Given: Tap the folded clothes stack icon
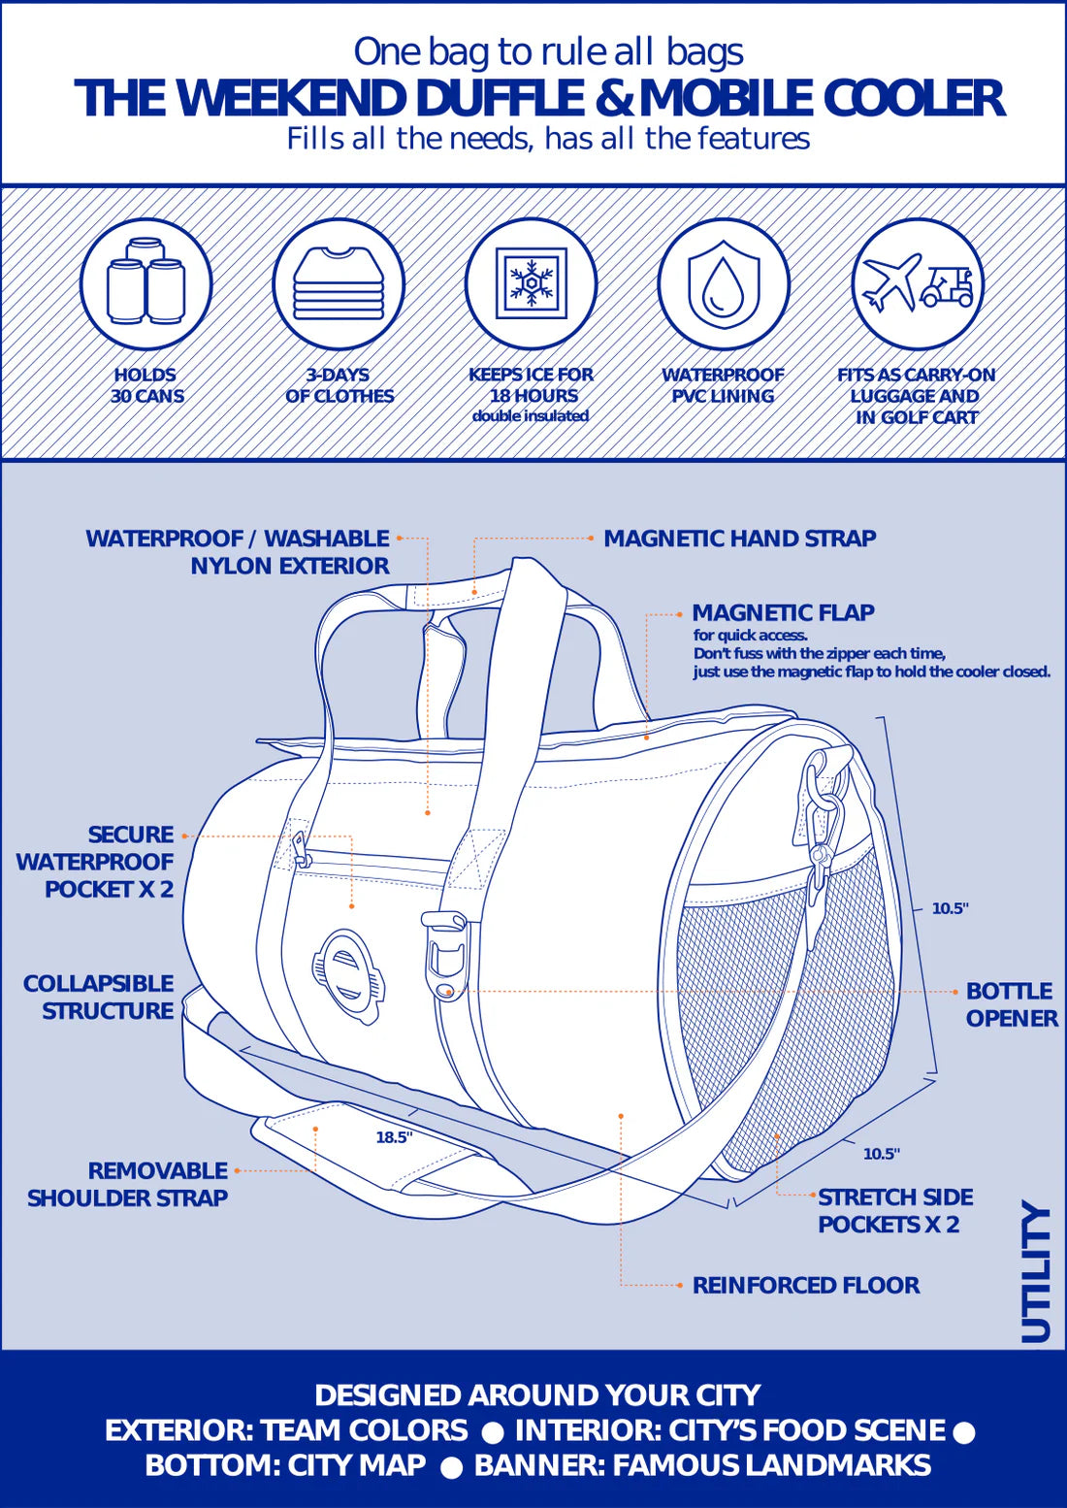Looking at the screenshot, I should click(x=338, y=283).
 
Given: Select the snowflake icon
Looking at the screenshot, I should click(x=531, y=283).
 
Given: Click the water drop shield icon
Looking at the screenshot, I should click(x=724, y=283).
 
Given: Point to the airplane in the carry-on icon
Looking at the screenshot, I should click(x=890, y=280).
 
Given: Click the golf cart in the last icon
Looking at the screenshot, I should click(x=948, y=286).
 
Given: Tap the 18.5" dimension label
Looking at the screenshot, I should click(x=394, y=1137).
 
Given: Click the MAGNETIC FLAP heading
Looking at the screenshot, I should click(x=783, y=613).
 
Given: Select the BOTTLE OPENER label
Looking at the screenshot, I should click(x=1011, y=1004).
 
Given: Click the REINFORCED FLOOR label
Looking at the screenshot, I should click(x=806, y=1285).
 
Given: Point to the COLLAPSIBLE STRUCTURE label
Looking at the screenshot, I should click(x=99, y=997).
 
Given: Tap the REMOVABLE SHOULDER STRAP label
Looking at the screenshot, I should click(x=128, y=1184).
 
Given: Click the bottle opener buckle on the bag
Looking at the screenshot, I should click(x=445, y=956).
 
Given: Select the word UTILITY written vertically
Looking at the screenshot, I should click(x=1037, y=1274).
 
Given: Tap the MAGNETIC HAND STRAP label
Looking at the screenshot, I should click(x=739, y=539).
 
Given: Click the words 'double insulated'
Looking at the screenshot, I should click(x=531, y=416).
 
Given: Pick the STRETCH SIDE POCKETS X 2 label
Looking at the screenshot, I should click(x=894, y=1210).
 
